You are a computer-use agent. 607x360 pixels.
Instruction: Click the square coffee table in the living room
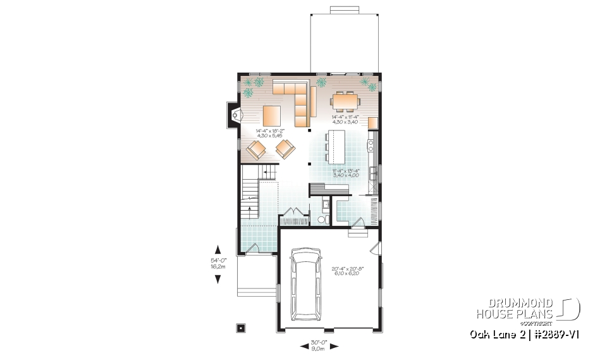272,116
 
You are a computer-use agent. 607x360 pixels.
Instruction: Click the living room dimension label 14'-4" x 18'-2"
271,133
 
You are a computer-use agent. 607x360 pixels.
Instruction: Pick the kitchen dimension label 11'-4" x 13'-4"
346,173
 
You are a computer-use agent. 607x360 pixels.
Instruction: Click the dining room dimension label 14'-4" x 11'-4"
345,120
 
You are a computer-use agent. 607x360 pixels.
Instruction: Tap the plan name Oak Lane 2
495,333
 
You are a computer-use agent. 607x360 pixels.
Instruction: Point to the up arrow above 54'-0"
218,249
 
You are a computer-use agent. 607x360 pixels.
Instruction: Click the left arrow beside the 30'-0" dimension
302,345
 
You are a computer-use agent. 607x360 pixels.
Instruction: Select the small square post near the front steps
240,328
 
